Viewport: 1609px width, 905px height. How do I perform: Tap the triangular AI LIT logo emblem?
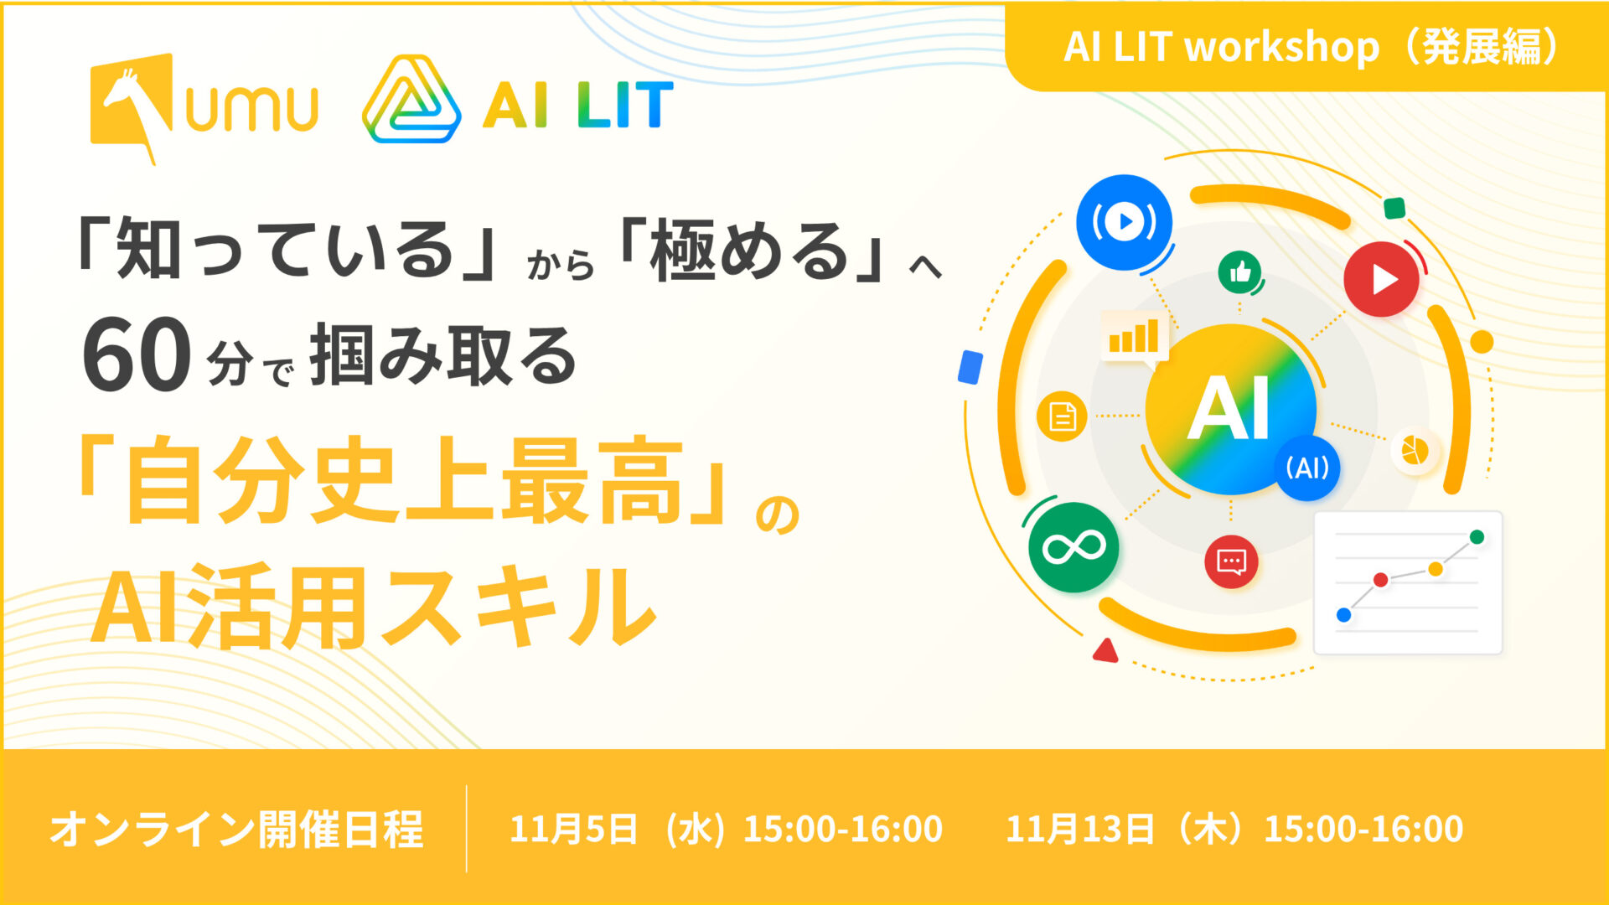pyautogui.click(x=411, y=100)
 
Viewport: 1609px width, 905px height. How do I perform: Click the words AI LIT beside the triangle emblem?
pyautogui.click(x=577, y=105)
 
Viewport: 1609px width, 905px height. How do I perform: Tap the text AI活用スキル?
pyautogui.click(x=374, y=606)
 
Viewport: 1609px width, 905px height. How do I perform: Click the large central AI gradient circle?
pyautogui.click(x=1229, y=410)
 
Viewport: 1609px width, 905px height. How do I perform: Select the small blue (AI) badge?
pyautogui.click(x=1306, y=468)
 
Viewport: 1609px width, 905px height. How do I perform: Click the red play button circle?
pyautogui.click(x=1381, y=279)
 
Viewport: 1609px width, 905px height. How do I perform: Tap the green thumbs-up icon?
pyautogui.click(x=1239, y=272)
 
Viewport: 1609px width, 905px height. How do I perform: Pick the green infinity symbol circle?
pyautogui.click(x=1074, y=548)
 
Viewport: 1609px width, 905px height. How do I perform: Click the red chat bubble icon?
pyautogui.click(x=1231, y=561)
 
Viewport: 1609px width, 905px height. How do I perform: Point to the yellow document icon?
pyautogui.click(x=1062, y=416)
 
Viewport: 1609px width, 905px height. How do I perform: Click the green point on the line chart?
pyautogui.click(x=1477, y=537)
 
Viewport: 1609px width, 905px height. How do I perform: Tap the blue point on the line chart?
pyautogui.click(x=1344, y=615)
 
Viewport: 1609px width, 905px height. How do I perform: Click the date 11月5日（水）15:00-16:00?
pyautogui.click(x=726, y=829)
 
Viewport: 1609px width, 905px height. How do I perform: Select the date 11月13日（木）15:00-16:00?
pyautogui.click(x=1234, y=829)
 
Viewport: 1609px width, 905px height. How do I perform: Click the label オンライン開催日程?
pyautogui.click(x=236, y=830)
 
